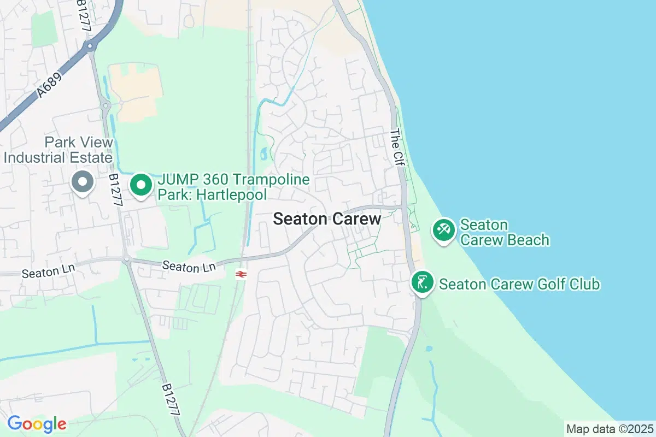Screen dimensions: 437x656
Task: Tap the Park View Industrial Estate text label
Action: pyautogui.click(x=58, y=150)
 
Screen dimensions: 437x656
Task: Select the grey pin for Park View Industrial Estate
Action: pyautogui.click(x=83, y=182)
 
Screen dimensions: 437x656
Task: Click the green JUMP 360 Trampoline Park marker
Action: pyautogui.click(x=141, y=185)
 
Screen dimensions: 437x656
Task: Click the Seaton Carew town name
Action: pyautogui.click(x=327, y=219)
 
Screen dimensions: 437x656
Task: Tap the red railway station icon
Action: pyautogui.click(x=239, y=274)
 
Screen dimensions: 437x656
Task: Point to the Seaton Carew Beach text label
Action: pyautogui.click(x=504, y=232)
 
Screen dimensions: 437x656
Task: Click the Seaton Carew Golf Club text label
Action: pyautogui.click(x=519, y=284)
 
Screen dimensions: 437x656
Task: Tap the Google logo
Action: pyautogui.click(x=37, y=423)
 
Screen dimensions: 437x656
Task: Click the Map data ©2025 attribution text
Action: pyautogui.click(x=609, y=429)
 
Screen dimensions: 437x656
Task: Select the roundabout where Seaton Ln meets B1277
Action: pyautogui.click(x=126, y=261)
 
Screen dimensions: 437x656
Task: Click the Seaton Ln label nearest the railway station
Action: pyautogui.click(x=189, y=266)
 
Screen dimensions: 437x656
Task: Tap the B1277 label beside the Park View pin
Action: pyautogui.click(x=115, y=190)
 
